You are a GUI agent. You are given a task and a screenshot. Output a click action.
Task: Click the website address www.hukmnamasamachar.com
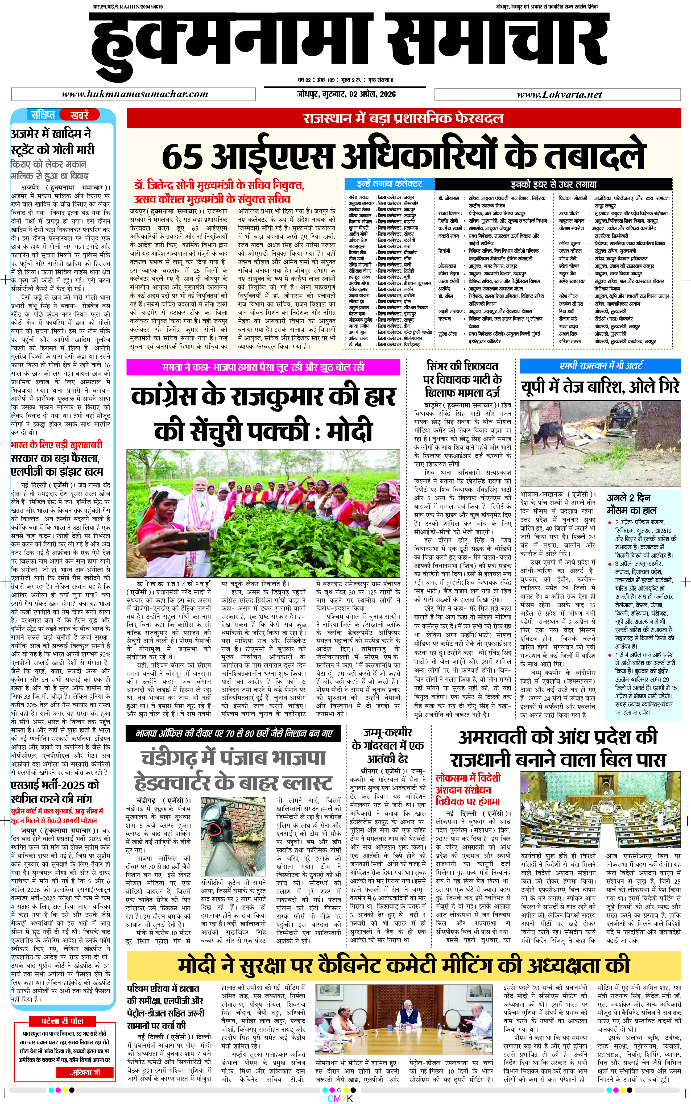pyautogui.click(x=135, y=95)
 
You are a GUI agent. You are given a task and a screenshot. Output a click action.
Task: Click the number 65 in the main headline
pyautogui.click(x=182, y=156)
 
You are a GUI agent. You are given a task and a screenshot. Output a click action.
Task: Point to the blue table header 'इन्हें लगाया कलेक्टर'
pyautogui.click(x=389, y=184)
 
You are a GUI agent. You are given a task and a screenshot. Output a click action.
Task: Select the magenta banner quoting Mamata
pyautogui.click(x=263, y=367)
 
